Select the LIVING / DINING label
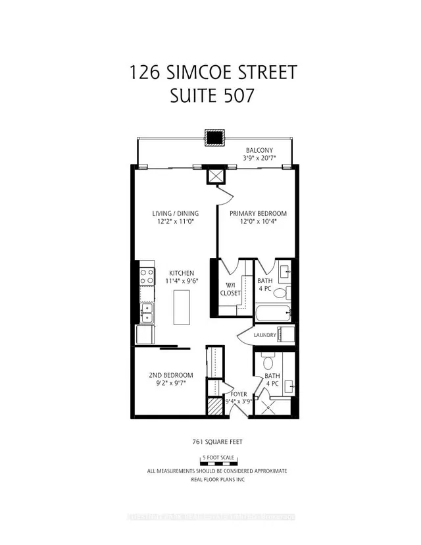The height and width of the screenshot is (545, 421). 176,213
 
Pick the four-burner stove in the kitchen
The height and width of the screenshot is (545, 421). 147,273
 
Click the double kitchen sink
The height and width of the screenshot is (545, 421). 147,312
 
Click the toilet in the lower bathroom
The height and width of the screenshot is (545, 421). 268,363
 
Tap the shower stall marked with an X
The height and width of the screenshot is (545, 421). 268,403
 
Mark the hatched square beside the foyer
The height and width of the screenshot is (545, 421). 214,406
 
